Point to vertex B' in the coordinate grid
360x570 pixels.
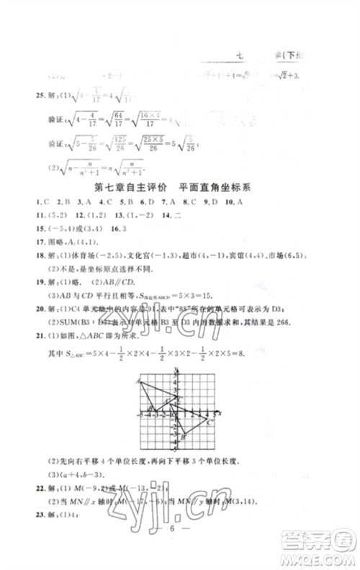click(x=184, y=437)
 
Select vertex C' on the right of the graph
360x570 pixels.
click(x=209, y=422)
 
